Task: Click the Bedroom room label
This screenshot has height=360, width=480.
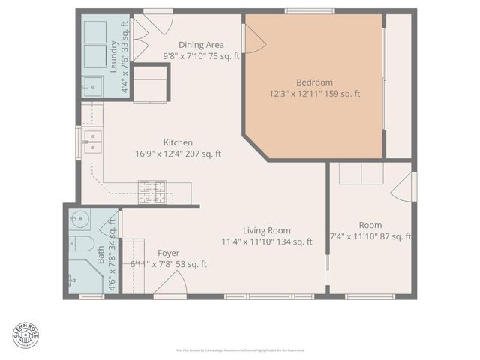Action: click(x=314, y=82)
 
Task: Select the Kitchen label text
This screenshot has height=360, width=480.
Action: click(x=178, y=142)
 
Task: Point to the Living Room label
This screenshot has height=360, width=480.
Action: click(x=266, y=230)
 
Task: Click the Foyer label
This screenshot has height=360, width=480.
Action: click(x=168, y=253)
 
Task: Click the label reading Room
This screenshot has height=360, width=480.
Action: click(x=370, y=225)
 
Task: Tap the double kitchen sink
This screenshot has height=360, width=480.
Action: click(x=91, y=142)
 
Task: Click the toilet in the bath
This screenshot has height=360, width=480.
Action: click(x=82, y=243)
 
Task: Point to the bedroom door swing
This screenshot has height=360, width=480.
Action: click(x=253, y=37)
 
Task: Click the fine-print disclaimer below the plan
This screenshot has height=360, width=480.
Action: click(x=240, y=350)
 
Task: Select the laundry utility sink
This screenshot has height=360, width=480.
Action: click(x=92, y=87)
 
